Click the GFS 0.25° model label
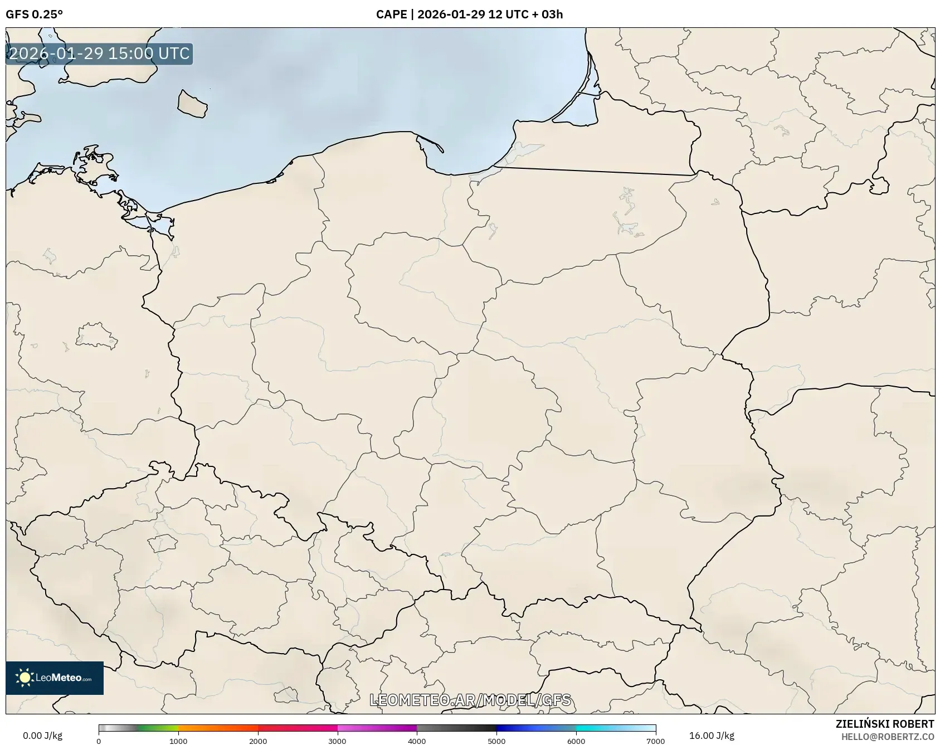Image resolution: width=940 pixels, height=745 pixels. pos(34,14)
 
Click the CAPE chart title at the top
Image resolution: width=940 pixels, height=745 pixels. pos(469,14)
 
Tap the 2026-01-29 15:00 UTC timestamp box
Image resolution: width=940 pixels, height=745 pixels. pos(99,54)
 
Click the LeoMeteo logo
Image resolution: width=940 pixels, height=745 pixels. pos(55,678)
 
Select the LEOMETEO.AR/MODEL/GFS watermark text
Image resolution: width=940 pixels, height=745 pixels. pos(470,700)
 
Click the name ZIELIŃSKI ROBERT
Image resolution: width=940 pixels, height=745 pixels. pos(884,724)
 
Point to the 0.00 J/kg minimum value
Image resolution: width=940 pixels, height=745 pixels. pos(42,736)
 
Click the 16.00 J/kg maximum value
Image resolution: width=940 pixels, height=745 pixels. pos(712,736)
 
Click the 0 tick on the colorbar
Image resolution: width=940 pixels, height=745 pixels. pos(99,741)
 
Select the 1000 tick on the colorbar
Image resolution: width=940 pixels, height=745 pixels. pos(178,741)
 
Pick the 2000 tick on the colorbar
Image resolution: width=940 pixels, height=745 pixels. pos(258,741)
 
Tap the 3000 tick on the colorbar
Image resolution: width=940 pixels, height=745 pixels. pos(337,741)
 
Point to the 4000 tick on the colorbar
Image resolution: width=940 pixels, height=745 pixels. pos(417,741)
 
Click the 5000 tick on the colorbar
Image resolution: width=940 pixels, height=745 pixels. pos(496,741)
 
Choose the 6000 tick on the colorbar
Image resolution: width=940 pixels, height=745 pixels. pos(576,741)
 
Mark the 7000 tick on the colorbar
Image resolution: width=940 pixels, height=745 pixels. pos(655,741)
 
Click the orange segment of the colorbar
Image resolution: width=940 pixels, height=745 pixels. pos(217,728)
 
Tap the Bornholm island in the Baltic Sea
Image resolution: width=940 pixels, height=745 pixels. pos(192,104)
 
